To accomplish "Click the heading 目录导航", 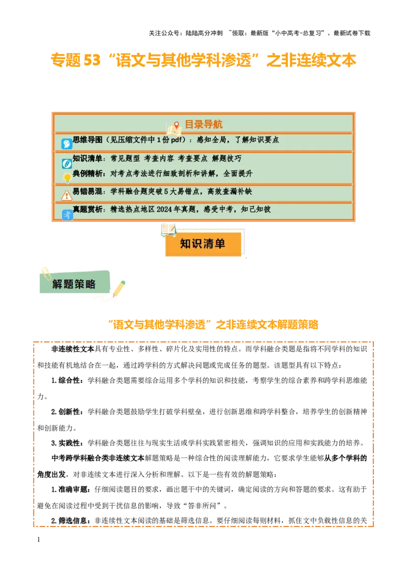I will click(203, 124).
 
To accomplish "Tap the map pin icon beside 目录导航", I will click(176, 125).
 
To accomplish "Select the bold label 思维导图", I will click(88, 140).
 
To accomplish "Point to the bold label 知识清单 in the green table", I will click(88, 159).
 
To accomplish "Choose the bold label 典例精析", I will click(88, 173).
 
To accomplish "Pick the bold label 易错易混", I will click(88, 192).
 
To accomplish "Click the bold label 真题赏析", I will click(88, 209).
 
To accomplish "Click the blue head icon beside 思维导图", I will click(67, 144).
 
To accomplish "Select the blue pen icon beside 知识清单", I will click(67, 164).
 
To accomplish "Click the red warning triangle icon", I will click(67, 195).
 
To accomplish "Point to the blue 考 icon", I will click(67, 215).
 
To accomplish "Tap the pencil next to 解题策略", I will click(119, 288).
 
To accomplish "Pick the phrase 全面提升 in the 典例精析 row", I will click(238, 173).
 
